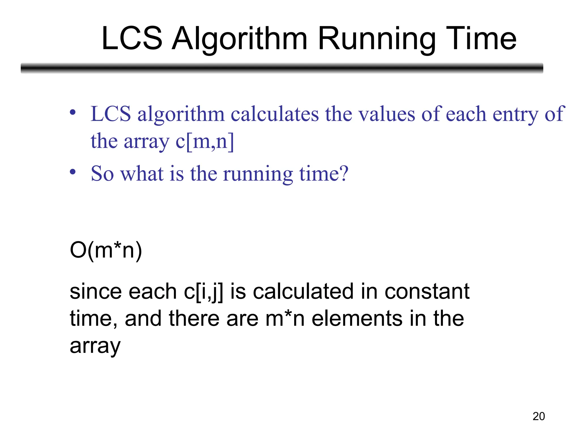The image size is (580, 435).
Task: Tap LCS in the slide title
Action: [132, 38]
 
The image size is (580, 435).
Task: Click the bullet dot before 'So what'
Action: [73, 172]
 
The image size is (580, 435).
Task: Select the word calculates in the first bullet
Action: [275, 114]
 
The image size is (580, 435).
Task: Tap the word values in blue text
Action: [387, 114]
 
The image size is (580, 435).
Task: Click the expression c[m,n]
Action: [205, 141]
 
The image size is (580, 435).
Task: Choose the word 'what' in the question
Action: [142, 173]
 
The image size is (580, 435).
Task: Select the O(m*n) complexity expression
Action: [106, 250]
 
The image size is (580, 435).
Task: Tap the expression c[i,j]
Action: [203, 292]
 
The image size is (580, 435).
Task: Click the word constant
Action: [427, 292]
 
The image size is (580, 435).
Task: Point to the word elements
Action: [357, 319]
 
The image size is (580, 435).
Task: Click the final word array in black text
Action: [95, 346]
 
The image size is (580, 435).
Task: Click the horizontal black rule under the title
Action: [282, 68]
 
